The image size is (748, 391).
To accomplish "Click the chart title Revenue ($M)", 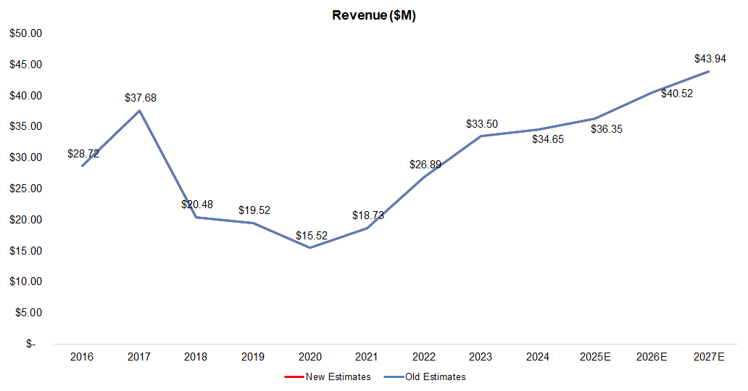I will click(x=373, y=15).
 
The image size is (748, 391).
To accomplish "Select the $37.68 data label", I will click(x=141, y=97).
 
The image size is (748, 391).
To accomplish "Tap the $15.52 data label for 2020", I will click(x=312, y=236).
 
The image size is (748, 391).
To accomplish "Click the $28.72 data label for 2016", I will click(x=83, y=154).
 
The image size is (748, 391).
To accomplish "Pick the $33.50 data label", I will click(x=482, y=124).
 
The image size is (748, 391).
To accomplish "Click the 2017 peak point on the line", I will click(x=139, y=110).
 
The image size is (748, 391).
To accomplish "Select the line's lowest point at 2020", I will click(x=310, y=248).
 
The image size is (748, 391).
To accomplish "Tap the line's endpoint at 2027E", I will click(x=708, y=71).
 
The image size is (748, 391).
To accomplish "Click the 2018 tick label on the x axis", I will click(x=196, y=357).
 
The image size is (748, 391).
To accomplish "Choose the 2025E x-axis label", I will click(x=594, y=357).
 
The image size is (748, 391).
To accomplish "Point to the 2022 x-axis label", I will click(x=423, y=357).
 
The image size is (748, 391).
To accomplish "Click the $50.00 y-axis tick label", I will click(x=26, y=33).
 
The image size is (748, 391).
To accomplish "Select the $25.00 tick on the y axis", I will click(x=26, y=189).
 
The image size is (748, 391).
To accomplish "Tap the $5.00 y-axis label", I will click(x=28, y=313).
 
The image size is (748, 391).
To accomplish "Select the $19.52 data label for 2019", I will click(x=254, y=210).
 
